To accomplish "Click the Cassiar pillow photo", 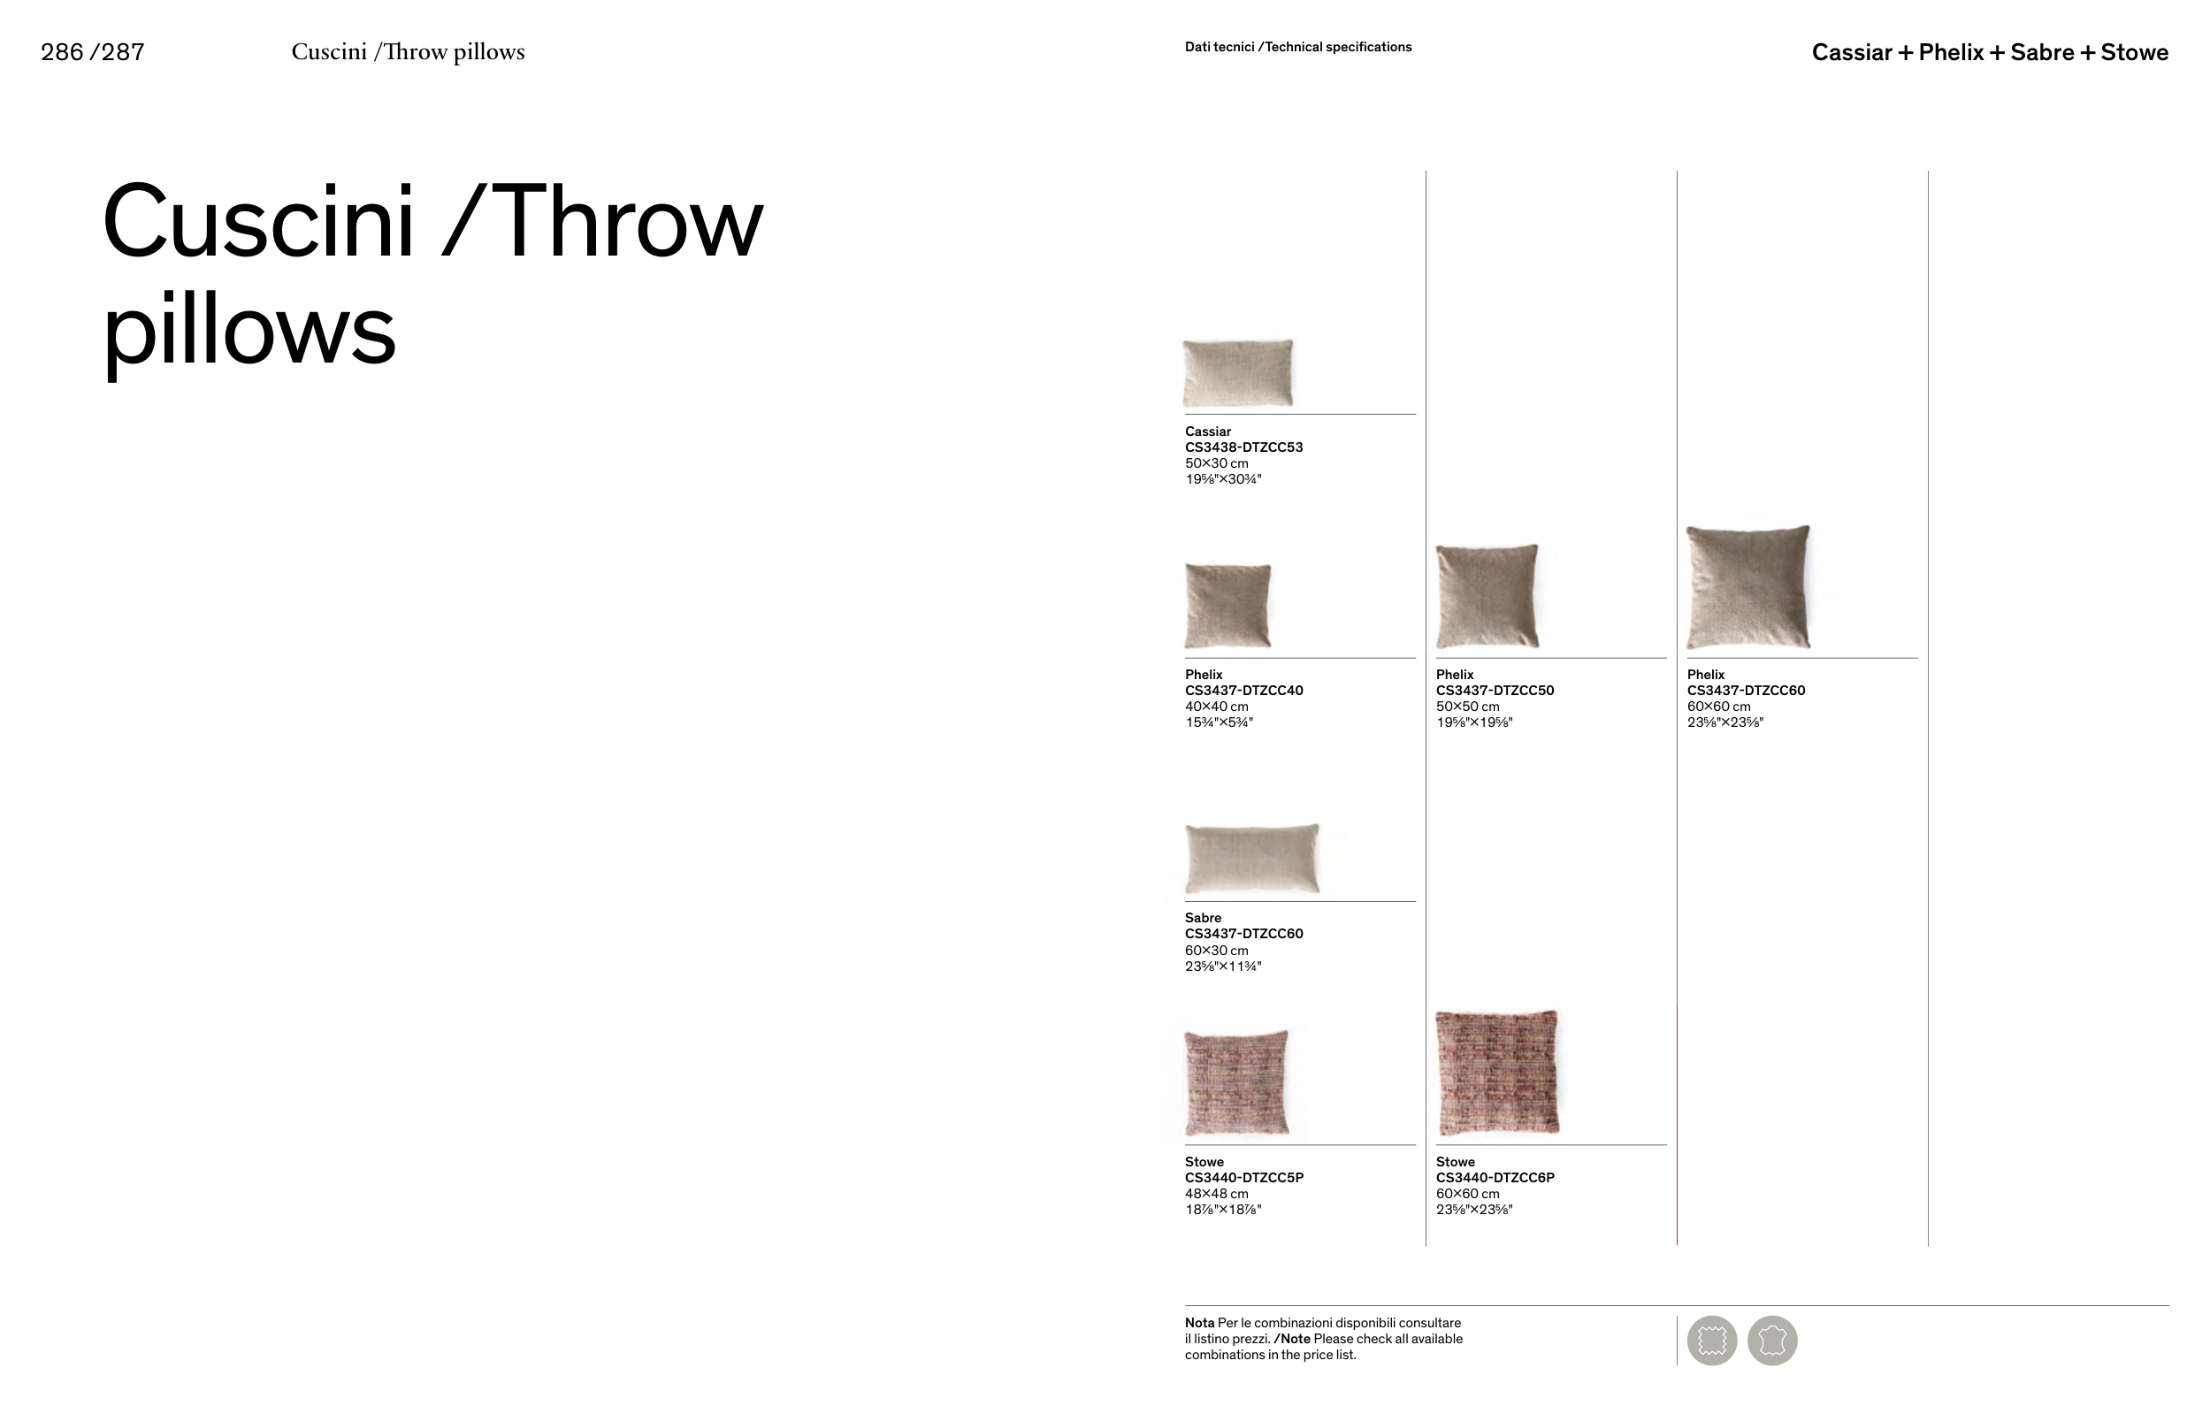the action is click(x=1238, y=372).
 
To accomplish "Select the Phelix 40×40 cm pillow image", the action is click(x=1228, y=606).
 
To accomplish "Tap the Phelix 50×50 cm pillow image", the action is click(x=1487, y=596).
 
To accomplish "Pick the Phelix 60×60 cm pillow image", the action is click(x=1748, y=587).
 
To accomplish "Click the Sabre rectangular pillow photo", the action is click(x=1252, y=858).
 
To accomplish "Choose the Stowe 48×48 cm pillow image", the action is click(x=1236, y=1082).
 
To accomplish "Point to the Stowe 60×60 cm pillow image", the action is click(x=1497, y=1072).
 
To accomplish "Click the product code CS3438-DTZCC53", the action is click(x=1243, y=447).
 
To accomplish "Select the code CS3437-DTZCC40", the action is click(x=1243, y=690).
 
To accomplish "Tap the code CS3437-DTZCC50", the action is click(x=1495, y=690).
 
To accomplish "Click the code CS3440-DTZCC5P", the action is click(x=1243, y=1178).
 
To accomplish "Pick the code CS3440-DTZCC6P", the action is click(x=1495, y=1178).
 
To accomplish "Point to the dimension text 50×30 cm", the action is click(x=1216, y=463).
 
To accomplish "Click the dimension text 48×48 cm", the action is click(x=1216, y=1194).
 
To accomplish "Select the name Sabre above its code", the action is click(x=1204, y=918).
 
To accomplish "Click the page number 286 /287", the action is click(x=93, y=52).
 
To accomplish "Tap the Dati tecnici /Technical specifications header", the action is click(x=1297, y=47).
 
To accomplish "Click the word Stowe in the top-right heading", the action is click(x=2135, y=52).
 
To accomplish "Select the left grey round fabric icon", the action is click(x=1711, y=1341).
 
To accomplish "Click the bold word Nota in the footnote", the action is click(x=1199, y=1324).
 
